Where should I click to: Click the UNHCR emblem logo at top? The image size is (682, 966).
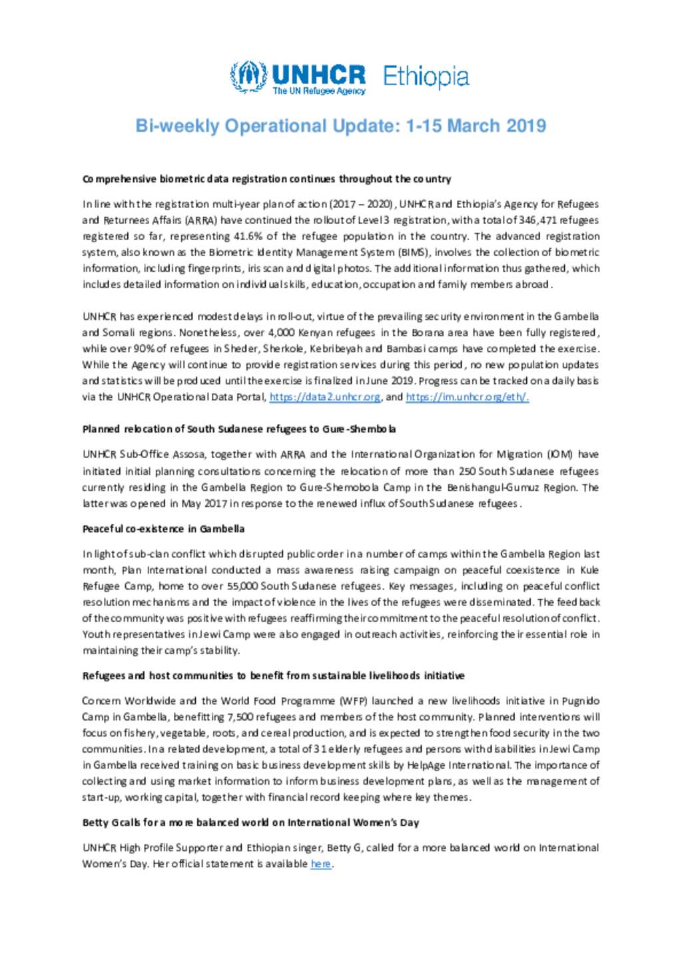248,77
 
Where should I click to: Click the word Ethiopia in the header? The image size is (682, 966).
426,77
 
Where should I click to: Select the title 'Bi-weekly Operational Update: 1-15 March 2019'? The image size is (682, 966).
340,126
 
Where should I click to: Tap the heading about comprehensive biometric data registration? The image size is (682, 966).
266,179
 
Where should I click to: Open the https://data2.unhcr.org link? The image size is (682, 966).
325,397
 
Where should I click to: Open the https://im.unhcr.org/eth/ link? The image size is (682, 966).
467,397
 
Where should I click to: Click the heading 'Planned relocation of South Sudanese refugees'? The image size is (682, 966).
239,429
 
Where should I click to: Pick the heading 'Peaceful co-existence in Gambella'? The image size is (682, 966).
163,529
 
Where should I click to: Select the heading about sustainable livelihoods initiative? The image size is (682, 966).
273,675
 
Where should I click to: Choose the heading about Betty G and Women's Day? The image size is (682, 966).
250,822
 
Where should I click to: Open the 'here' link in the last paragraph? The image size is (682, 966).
320,864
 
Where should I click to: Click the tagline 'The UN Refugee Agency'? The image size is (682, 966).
318,91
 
